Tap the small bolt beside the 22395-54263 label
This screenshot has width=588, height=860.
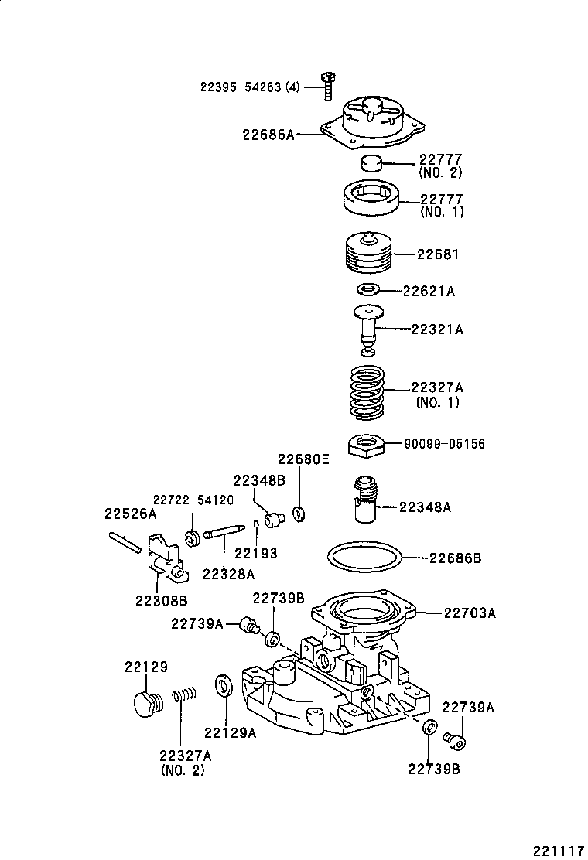[x=326, y=84]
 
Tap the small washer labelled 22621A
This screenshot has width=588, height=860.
[x=368, y=290]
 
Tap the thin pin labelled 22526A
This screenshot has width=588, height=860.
[x=125, y=539]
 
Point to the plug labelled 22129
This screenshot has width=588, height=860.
[x=144, y=705]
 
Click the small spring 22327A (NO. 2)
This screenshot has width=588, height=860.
[x=183, y=697]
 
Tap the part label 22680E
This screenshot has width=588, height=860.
[x=304, y=459]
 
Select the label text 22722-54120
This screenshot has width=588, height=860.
[x=193, y=499]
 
